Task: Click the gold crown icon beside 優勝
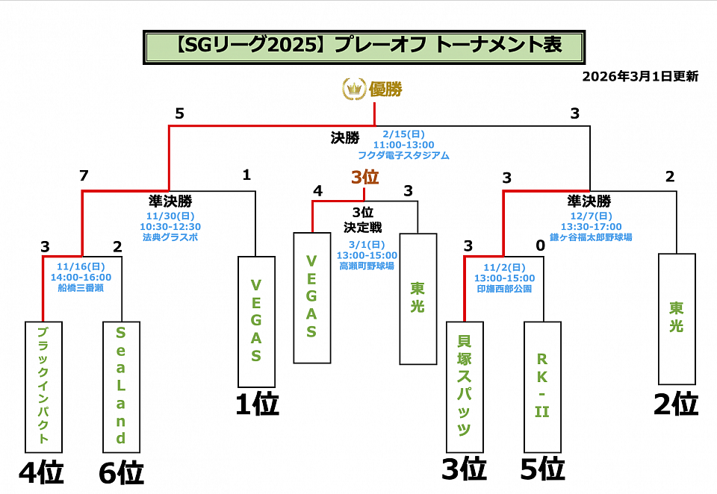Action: (353, 90)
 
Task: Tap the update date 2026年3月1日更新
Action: (640, 76)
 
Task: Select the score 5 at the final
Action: (179, 113)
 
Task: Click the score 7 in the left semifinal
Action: (84, 176)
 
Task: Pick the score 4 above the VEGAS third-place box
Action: (317, 191)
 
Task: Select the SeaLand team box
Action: (120, 387)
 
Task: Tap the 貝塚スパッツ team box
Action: (464, 387)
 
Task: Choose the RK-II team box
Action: (541, 387)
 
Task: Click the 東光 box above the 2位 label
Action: (676, 319)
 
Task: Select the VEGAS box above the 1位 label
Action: (255, 321)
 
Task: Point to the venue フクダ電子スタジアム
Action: (403, 156)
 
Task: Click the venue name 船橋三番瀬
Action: (84, 287)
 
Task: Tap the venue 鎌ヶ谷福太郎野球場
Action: (591, 237)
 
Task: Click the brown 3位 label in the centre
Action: (365, 178)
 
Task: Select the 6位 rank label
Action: (121, 473)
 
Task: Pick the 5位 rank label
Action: (542, 469)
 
